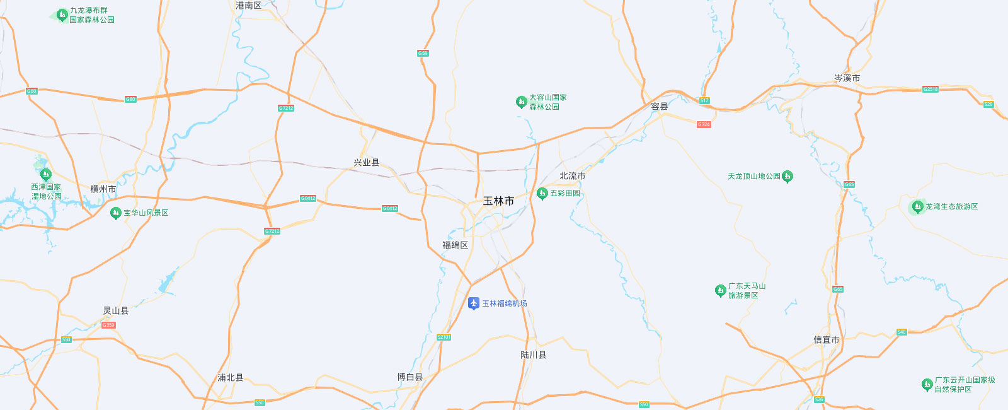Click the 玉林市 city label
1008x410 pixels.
(498, 201)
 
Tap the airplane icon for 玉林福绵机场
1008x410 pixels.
(474, 303)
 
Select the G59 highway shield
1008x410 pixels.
(423, 54)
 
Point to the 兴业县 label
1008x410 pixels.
(367, 163)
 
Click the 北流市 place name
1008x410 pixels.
(572, 176)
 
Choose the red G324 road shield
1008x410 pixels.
(704, 124)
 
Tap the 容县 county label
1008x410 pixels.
(659, 107)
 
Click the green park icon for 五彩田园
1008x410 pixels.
(542, 193)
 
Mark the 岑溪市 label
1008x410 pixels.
(847, 78)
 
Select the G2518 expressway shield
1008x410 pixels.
(931, 90)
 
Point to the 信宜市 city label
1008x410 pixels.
(826, 339)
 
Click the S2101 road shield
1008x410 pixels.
(444, 337)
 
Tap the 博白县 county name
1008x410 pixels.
(409, 377)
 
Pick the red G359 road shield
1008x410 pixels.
(108, 325)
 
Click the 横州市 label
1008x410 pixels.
(103, 189)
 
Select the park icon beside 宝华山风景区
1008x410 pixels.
(115, 213)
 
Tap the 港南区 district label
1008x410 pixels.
(248, 6)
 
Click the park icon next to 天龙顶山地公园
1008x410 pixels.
(787, 177)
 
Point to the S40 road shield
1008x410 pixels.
(902, 332)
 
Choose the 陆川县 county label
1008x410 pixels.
(533, 355)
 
